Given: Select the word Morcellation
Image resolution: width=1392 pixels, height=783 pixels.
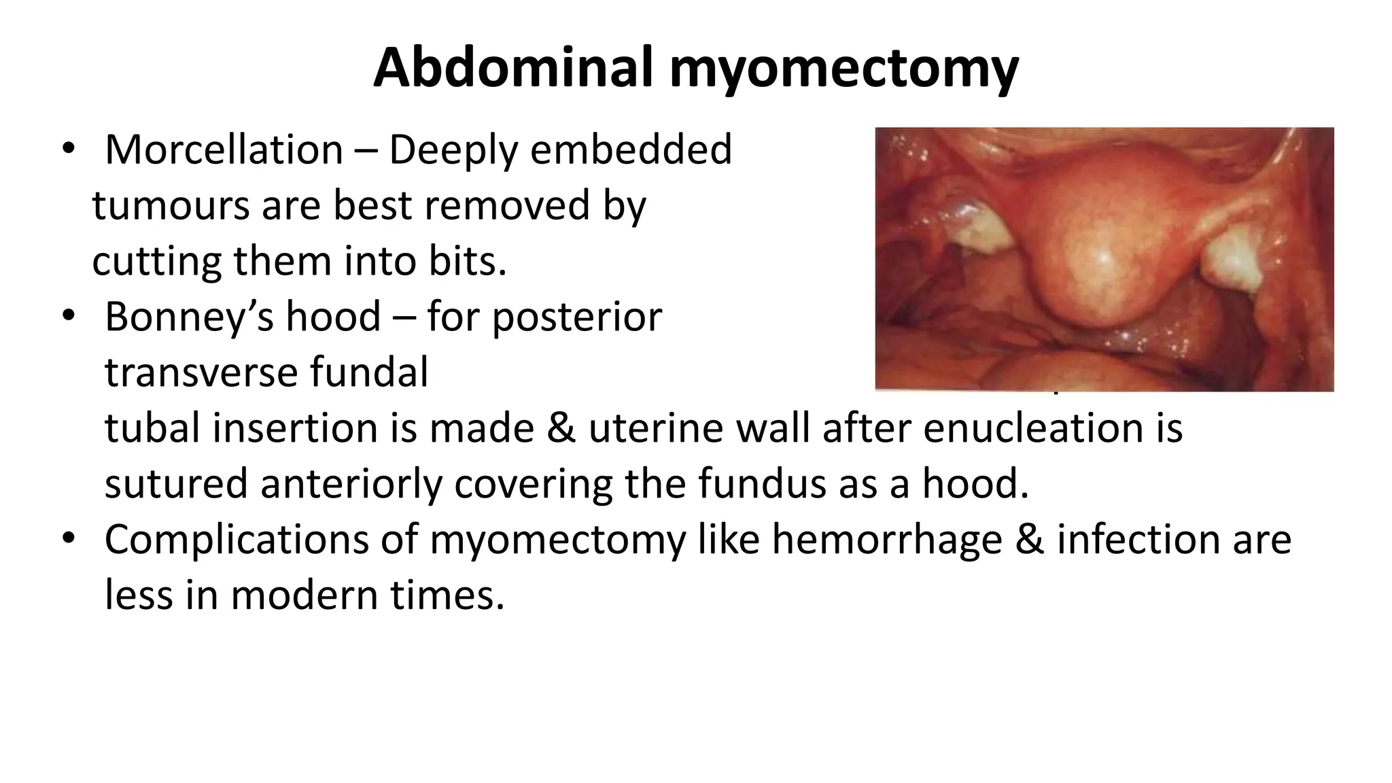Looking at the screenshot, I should [x=224, y=150].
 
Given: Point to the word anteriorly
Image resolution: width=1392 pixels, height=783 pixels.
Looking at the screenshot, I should [x=351, y=485].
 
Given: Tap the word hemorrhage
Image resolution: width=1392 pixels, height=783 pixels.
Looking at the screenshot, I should [x=887, y=540].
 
